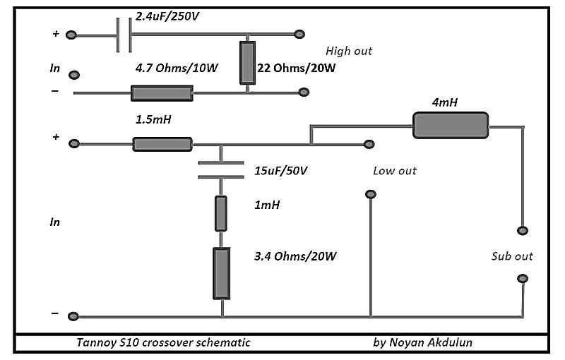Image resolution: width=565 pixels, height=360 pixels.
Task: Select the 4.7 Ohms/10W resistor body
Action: pos(162,92)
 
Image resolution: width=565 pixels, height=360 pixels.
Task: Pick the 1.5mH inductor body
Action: pos(162,144)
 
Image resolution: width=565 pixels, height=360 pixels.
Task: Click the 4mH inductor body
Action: pos(451,125)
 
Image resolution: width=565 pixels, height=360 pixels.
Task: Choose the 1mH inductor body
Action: pos(220,214)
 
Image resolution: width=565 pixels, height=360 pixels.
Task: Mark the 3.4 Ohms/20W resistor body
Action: pos(221,272)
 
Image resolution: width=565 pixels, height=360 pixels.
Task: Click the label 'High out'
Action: pos(349,52)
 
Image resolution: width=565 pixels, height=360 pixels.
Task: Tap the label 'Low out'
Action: pos(395,172)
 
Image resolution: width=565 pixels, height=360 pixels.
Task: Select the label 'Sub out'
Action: pos(512,256)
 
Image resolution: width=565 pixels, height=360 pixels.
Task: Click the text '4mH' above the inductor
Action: pos(445,103)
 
